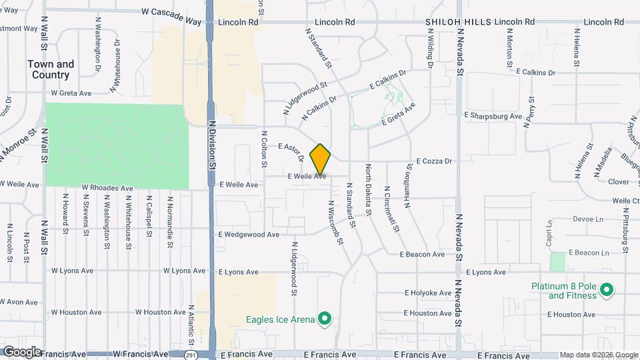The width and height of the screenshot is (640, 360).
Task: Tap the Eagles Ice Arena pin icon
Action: tap(324, 319)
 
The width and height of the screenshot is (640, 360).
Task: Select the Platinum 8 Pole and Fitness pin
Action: tap(606, 290)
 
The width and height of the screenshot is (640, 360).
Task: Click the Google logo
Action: tap(22, 351)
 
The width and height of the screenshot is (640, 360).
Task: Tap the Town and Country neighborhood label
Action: tap(51, 69)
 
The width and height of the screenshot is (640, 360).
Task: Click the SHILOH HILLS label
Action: tap(453, 22)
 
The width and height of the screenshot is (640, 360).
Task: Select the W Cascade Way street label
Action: tap(171, 13)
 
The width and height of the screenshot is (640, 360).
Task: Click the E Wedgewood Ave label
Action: tap(249, 235)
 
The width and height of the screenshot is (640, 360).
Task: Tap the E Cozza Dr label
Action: tap(434, 161)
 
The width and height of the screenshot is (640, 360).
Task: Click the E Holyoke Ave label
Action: tap(429, 293)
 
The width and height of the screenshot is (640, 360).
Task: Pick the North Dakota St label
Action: tap(367, 190)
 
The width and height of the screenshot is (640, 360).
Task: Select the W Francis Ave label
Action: tap(141, 354)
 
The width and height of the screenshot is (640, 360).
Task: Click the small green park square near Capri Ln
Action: tap(558, 262)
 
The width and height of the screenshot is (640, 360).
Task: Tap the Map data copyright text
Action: tap(598, 355)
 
